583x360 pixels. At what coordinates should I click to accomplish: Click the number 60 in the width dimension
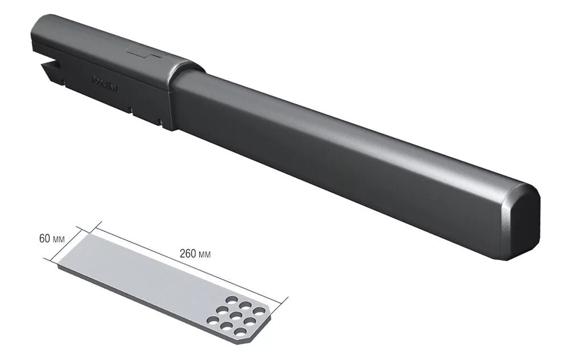pyautogui.click(x=45, y=239)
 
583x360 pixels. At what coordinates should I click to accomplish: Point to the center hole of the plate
pyautogui.click(x=233, y=316)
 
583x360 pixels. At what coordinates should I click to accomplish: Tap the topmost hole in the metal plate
pyautogui.click(x=232, y=300)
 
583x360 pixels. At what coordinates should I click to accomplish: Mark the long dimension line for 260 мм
pyautogui.click(x=188, y=263)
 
